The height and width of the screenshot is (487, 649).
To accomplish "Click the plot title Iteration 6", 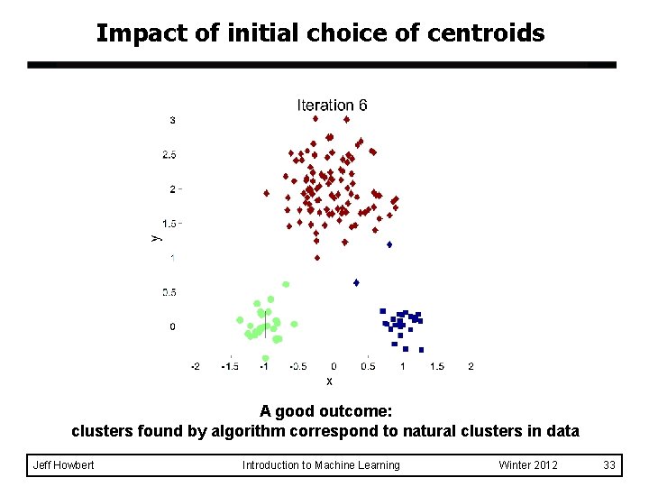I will click(x=332, y=106).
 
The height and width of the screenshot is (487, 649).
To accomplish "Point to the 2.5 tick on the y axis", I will click(x=169, y=155).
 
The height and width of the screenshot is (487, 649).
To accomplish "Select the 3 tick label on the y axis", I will click(x=172, y=120).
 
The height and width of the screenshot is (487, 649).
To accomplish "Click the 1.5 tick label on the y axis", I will click(x=169, y=224).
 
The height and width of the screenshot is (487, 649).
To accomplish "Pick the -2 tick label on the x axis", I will click(x=196, y=366).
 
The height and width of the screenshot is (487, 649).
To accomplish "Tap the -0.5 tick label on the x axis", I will click(x=298, y=366).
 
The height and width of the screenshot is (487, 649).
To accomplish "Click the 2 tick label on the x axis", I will click(x=471, y=366).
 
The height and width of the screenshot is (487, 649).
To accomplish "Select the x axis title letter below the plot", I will click(x=329, y=381).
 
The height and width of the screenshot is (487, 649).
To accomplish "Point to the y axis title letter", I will click(x=154, y=237).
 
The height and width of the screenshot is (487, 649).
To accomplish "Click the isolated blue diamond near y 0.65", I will click(x=356, y=282).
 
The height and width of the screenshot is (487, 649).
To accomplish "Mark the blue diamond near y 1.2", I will click(x=389, y=244).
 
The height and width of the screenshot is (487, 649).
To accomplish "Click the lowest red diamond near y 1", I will click(x=316, y=258).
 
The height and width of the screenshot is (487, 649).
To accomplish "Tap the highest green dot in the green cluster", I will click(x=286, y=284).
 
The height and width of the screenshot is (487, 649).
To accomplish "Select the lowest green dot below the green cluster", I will click(x=265, y=358).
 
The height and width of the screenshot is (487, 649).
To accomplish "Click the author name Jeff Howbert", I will click(x=63, y=465).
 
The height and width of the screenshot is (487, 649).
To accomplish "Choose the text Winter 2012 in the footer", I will click(x=528, y=465).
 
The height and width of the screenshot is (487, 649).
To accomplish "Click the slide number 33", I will click(x=609, y=465).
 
